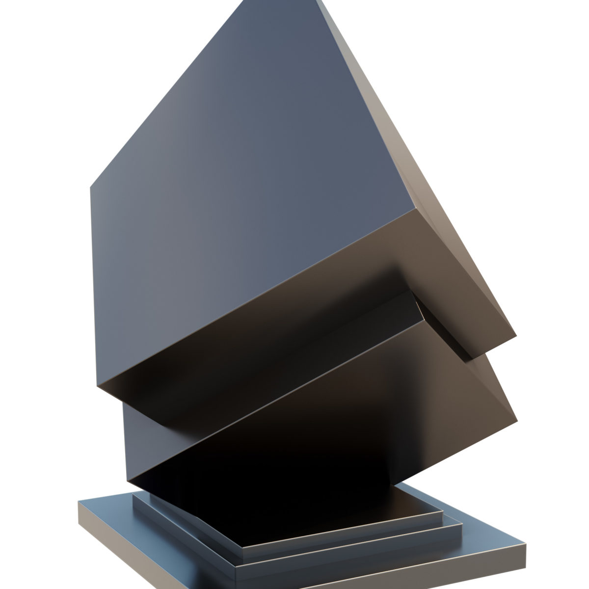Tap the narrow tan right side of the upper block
(x=432, y=196)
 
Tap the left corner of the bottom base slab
(x=79, y=502)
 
